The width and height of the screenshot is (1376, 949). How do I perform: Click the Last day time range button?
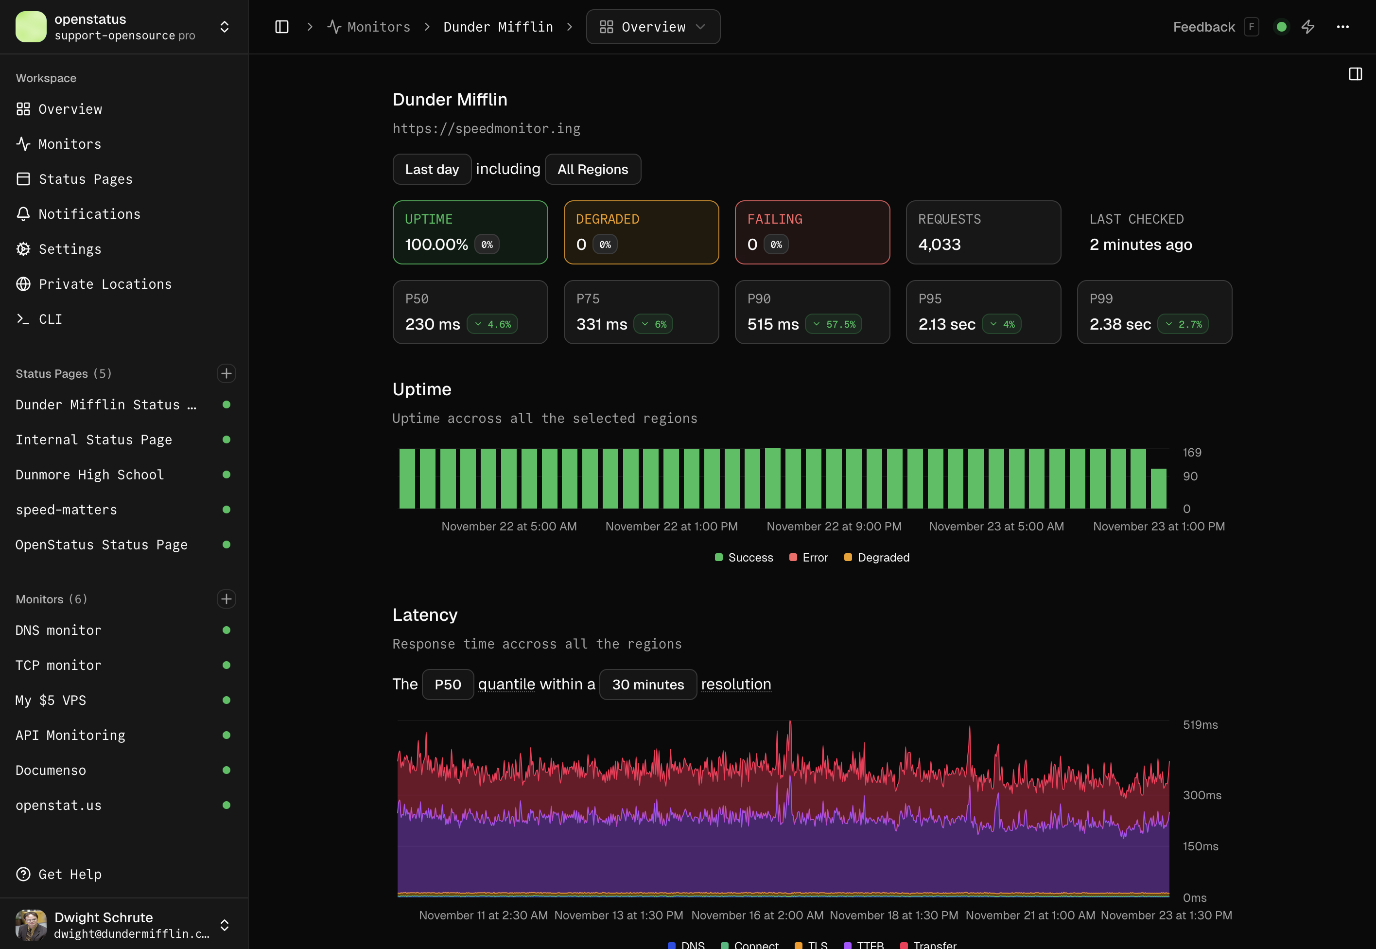coord(432,170)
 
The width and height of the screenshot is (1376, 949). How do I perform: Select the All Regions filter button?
coord(592,170)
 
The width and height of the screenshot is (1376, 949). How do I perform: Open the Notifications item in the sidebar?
coord(89,214)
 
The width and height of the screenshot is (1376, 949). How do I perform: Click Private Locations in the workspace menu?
coord(105,284)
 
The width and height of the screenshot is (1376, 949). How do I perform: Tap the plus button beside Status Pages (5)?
coord(226,373)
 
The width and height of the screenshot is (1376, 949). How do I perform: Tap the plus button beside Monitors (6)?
coord(226,599)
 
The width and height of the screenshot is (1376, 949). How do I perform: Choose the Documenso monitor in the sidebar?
coord(51,770)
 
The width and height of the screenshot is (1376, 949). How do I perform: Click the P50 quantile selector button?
coord(448,685)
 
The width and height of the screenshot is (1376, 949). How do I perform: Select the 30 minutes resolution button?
coord(648,685)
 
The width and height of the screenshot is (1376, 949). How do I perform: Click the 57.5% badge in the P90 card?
coord(834,324)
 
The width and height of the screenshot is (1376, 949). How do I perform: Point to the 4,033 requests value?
coord(939,245)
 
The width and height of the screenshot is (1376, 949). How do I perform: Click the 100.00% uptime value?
coord(436,245)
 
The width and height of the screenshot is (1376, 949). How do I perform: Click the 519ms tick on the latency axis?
coord(1200,724)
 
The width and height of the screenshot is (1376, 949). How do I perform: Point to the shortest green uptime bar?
coord(1158,488)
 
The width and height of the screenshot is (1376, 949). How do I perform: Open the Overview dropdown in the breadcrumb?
coord(653,27)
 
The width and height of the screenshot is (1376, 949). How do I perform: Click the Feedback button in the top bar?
coord(1203,27)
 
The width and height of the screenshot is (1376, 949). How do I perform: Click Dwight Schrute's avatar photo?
coord(31,925)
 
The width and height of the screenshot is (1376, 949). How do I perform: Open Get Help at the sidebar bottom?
coord(70,874)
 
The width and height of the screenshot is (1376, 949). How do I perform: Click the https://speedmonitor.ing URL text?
coord(486,128)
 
